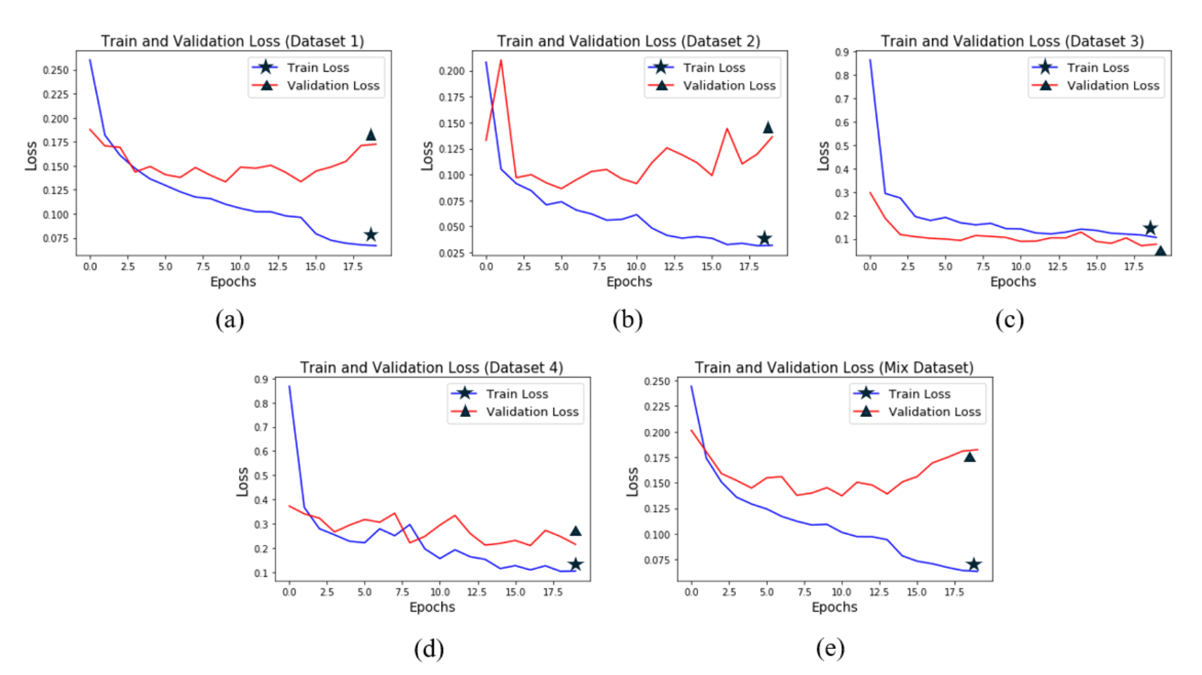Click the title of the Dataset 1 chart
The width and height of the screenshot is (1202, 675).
tap(232, 41)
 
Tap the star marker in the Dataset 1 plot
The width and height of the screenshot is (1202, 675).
tap(370, 235)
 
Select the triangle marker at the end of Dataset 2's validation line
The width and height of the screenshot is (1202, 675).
tap(768, 127)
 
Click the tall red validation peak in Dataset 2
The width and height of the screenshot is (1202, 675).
tap(500, 62)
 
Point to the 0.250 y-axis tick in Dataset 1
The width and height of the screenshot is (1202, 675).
tap(56, 70)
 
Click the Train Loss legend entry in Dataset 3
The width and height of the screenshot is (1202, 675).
tap(1097, 67)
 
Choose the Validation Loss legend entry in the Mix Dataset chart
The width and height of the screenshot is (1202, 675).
tap(933, 412)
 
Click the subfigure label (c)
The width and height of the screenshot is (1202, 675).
tap(1009, 320)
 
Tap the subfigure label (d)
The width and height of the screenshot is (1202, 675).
tap(428, 648)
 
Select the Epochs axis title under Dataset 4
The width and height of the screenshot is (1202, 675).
tap(432, 607)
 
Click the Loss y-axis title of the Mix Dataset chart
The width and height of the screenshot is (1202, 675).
tap(632, 482)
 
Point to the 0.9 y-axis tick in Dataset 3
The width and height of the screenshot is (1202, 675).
tap(841, 53)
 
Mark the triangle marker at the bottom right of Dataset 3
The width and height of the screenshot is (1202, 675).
tap(1161, 250)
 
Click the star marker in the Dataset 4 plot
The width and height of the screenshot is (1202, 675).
tap(575, 564)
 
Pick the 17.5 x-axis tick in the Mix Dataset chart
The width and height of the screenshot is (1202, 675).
tap(954, 592)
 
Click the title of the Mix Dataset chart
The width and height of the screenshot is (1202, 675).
tap(834, 367)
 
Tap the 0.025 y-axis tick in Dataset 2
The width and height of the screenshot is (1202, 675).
tap(451, 253)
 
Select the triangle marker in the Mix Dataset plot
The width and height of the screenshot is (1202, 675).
tap(969, 457)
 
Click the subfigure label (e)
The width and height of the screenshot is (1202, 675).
tap(829, 648)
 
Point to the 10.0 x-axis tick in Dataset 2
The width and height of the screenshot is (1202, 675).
tap(635, 266)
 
